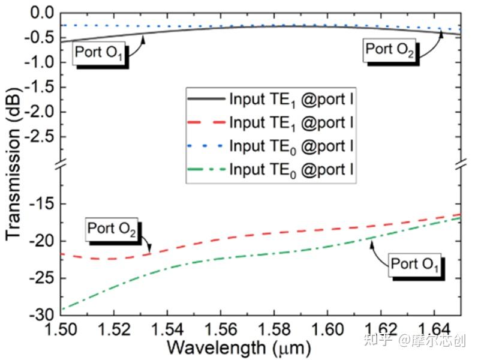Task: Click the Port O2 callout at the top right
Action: tap(389, 49)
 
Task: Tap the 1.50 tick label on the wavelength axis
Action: tap(62, 329)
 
